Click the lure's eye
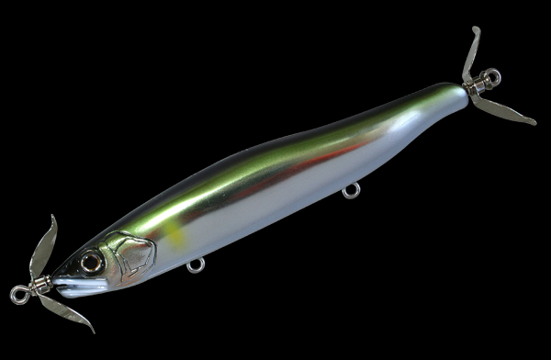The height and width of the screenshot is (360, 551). point(92,262)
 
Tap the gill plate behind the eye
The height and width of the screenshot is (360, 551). point(129,254)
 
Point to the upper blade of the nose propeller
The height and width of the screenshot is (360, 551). point(44,248)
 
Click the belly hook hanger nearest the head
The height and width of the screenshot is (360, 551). point(195,264)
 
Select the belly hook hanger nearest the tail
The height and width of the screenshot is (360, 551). point(350,191)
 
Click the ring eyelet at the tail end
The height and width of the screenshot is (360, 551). point(494,78)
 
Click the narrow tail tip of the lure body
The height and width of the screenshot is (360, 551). point(456,95)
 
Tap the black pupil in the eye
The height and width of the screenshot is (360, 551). point(92,262)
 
